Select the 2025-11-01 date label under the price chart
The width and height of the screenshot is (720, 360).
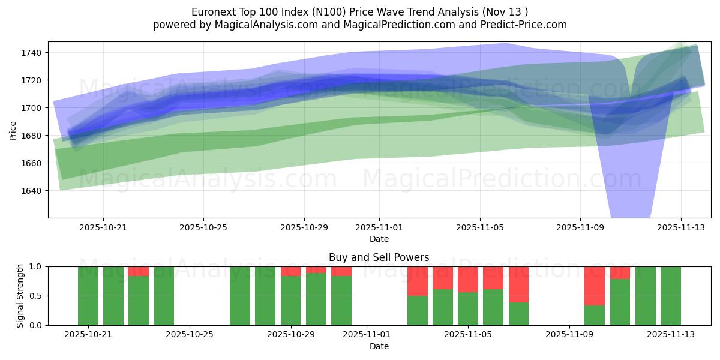point(379,228)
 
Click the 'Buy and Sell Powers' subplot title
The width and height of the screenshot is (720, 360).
point(379,257)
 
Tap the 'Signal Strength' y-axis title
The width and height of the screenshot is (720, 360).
point(21,296)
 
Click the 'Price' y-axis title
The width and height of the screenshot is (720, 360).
point(13,130)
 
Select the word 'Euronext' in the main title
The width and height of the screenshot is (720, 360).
point(212,12)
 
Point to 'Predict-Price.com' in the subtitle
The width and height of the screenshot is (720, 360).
point(526,25)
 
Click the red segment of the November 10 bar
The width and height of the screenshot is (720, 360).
point(594,286)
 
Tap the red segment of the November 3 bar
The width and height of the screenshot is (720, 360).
point(417,281)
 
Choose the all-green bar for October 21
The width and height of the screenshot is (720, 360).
point(88,296)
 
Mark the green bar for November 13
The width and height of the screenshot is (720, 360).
point(670,296)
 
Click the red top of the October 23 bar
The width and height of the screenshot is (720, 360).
point(139,271)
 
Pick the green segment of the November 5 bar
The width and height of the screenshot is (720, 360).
point(468,308)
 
